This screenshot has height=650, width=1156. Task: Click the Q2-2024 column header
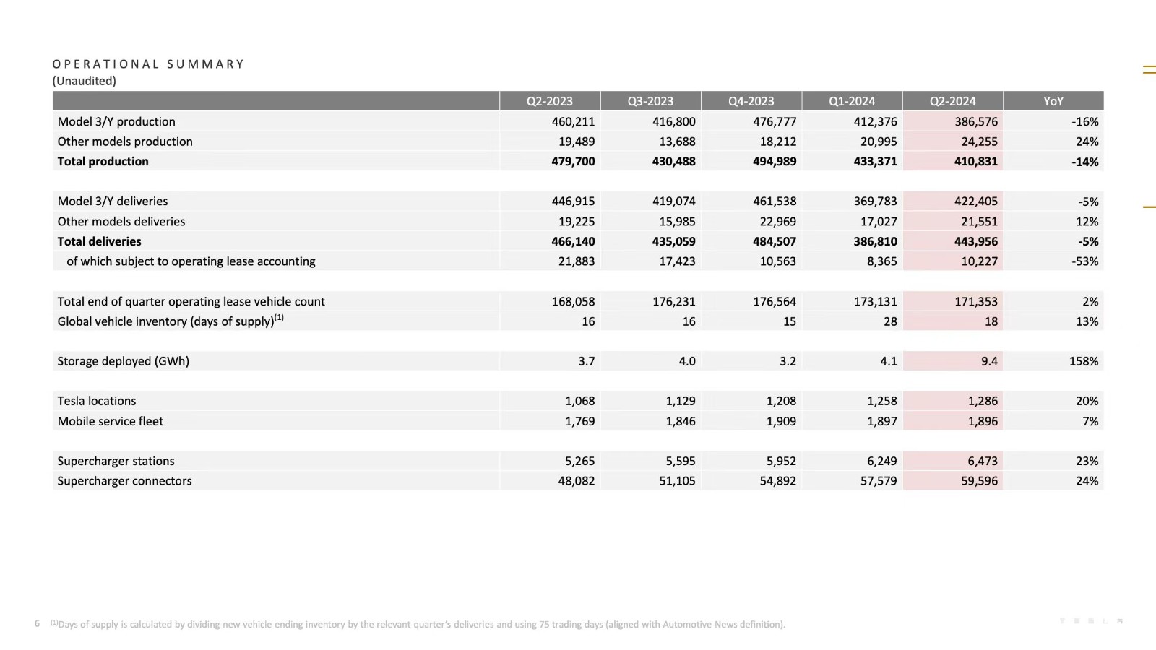point(952,101)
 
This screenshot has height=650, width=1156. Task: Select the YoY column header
point(1053,101)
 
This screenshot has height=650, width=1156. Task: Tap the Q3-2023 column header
point(650,101)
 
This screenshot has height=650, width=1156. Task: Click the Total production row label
point(103,162)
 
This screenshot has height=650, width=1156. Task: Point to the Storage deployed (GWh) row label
point(124,361)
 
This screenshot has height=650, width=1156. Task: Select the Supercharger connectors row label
point(125,481)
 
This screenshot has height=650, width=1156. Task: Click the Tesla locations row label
point(97,401)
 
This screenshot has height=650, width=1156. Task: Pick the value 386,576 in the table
point(975,122)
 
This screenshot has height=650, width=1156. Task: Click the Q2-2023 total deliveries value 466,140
point(573,241)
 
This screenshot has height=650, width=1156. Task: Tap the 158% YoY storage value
point(1083,361)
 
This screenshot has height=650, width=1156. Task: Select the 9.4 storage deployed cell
point(989,361)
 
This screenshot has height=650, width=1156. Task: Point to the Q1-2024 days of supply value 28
point(890,321)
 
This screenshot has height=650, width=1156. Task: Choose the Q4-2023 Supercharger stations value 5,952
point(780,461)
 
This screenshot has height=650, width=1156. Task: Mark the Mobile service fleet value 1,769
point(579,421)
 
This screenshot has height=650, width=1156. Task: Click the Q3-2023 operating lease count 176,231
point(673,301)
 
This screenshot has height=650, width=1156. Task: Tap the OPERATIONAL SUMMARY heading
point(148,64)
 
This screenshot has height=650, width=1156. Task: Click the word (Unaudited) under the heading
point(84,81)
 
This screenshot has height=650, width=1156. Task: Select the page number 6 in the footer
point(37,623)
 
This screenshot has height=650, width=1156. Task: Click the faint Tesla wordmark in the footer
point(1091,621)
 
